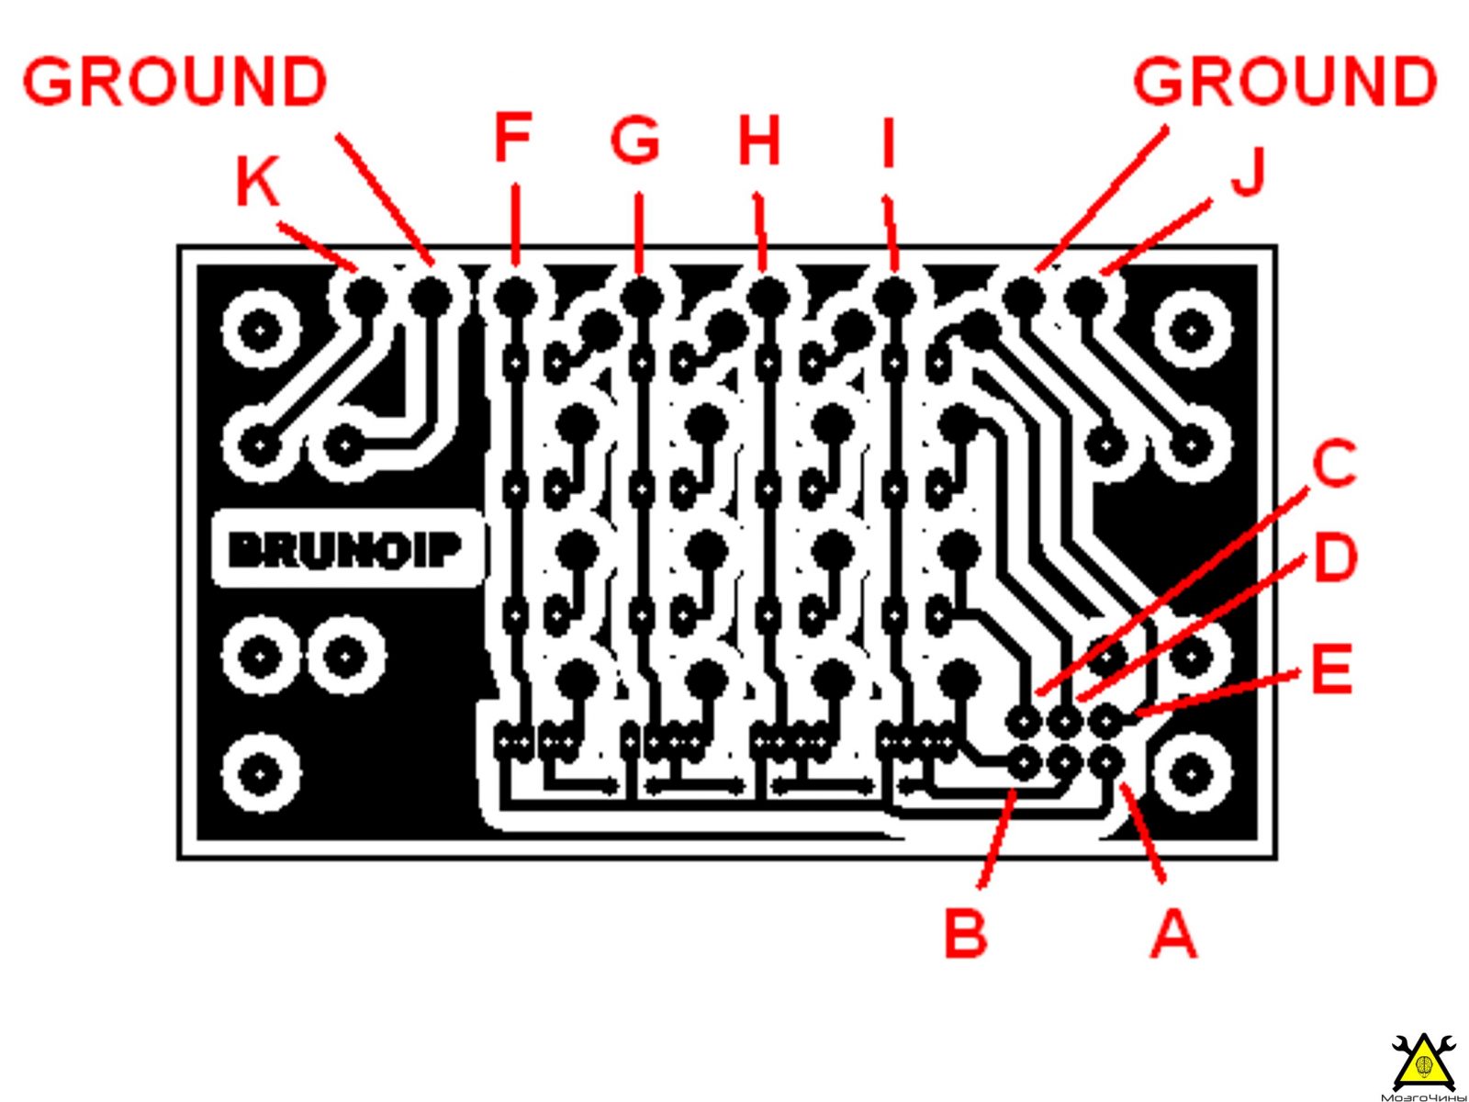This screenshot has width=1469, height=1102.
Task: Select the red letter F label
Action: (x=512, y=137)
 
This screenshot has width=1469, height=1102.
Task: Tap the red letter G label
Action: (x=635, y=140)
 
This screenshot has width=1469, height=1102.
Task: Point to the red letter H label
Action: (x=759, y=140)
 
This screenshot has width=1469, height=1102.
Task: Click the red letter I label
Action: (x=888, y=140)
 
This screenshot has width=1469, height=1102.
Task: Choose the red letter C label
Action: (x=1333, y=463)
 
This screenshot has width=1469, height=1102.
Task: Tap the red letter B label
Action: (x=965, y=932)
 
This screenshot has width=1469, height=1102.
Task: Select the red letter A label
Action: (x=1173, y=932)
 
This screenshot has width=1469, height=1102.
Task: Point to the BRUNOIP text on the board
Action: (x=345, y=551)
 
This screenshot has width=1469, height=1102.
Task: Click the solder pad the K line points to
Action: (x=365, y=293)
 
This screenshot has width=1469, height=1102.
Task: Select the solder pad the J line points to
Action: (x=1086, y=293)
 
